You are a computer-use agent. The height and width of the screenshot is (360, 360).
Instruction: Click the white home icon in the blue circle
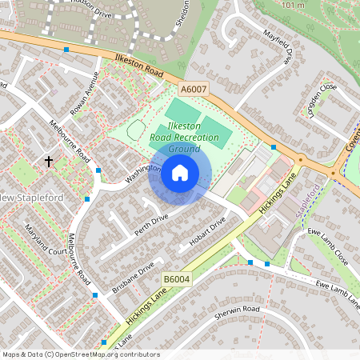click(179, 172)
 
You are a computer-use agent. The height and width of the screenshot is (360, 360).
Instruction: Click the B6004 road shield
click(177, 278)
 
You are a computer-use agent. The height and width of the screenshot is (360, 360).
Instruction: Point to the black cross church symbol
click(49, 162)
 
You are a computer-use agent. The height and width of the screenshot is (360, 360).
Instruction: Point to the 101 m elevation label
click(294, 6)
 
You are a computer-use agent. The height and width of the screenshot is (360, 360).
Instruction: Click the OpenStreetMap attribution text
click(81, 354)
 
